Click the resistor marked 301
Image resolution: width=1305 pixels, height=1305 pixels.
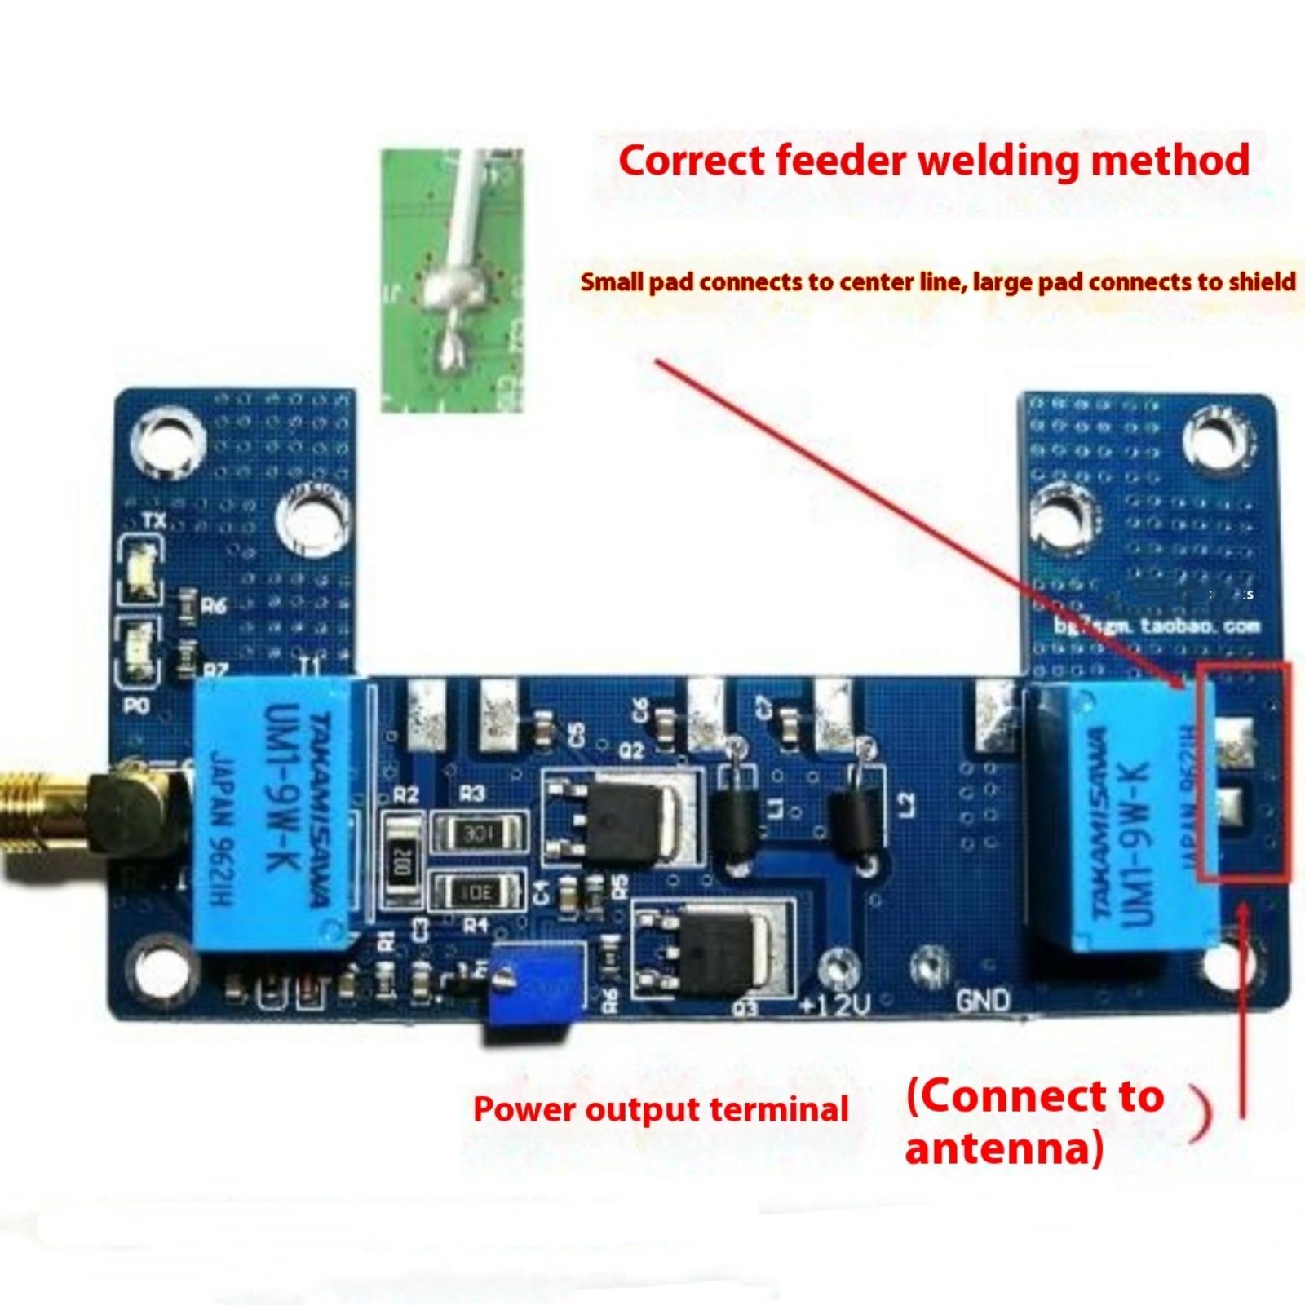[x=478, y=834]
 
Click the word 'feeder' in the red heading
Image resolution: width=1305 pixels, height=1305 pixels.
[x=840, y=160]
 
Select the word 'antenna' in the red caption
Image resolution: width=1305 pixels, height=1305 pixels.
[x=1004, y=1148]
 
